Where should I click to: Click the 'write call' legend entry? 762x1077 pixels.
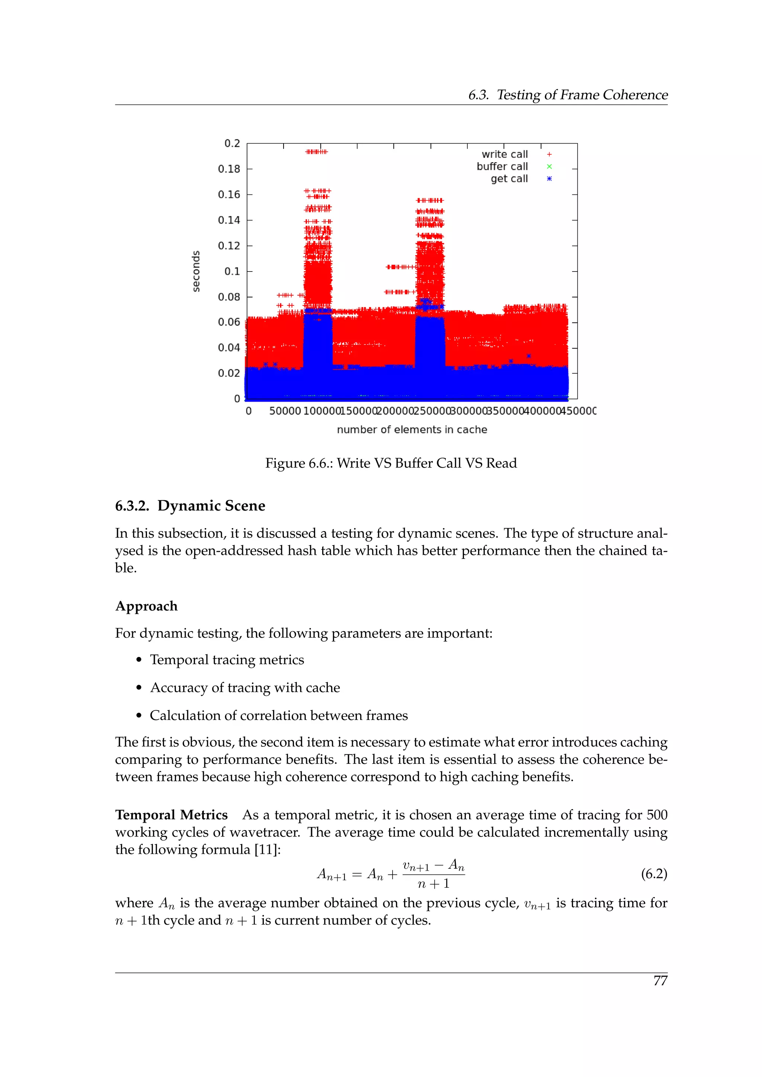(505, 154)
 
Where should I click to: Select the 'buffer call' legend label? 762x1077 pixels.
(502, 167)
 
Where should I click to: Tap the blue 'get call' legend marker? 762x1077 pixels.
(549, 179)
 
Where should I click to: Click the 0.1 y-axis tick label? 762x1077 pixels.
(232, 271)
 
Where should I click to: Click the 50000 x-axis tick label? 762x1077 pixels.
(285, 411)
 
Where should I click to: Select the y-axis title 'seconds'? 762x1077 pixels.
(196, 271)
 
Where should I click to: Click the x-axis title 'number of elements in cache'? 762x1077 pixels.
(412, 430)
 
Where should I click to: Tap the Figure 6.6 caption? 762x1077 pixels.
(391, 463)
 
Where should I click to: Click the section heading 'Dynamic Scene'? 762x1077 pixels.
(211, 506)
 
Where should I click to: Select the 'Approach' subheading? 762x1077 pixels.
(146, 606)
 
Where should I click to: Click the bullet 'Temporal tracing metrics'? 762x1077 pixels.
(227, 660)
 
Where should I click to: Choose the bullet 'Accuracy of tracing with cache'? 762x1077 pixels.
(245, 688)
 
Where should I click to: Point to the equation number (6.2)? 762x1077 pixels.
(654, 874)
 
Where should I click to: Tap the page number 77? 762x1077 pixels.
(660, 981)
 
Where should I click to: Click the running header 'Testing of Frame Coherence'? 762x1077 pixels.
(582, 95)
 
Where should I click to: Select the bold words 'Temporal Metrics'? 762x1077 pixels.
(171, 815)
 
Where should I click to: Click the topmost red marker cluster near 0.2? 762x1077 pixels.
(316, 151)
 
